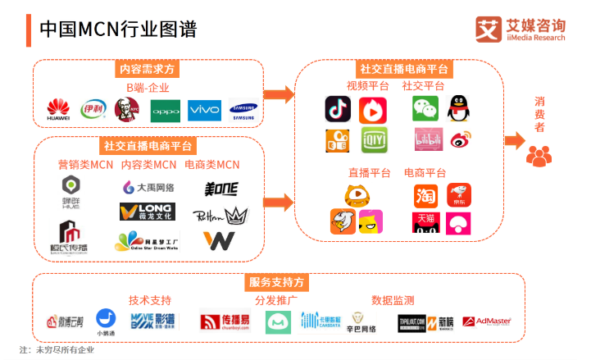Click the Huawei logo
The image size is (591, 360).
[x=58, y=109]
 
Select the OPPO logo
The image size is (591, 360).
[x=165, y=110]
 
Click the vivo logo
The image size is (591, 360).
[x=204, y=109]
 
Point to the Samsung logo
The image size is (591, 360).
[x=243, y=110]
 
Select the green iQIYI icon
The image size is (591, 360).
[x=374, y=140]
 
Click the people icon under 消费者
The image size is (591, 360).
[x=539, y=154]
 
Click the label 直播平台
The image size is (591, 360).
[x=369, y=173]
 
